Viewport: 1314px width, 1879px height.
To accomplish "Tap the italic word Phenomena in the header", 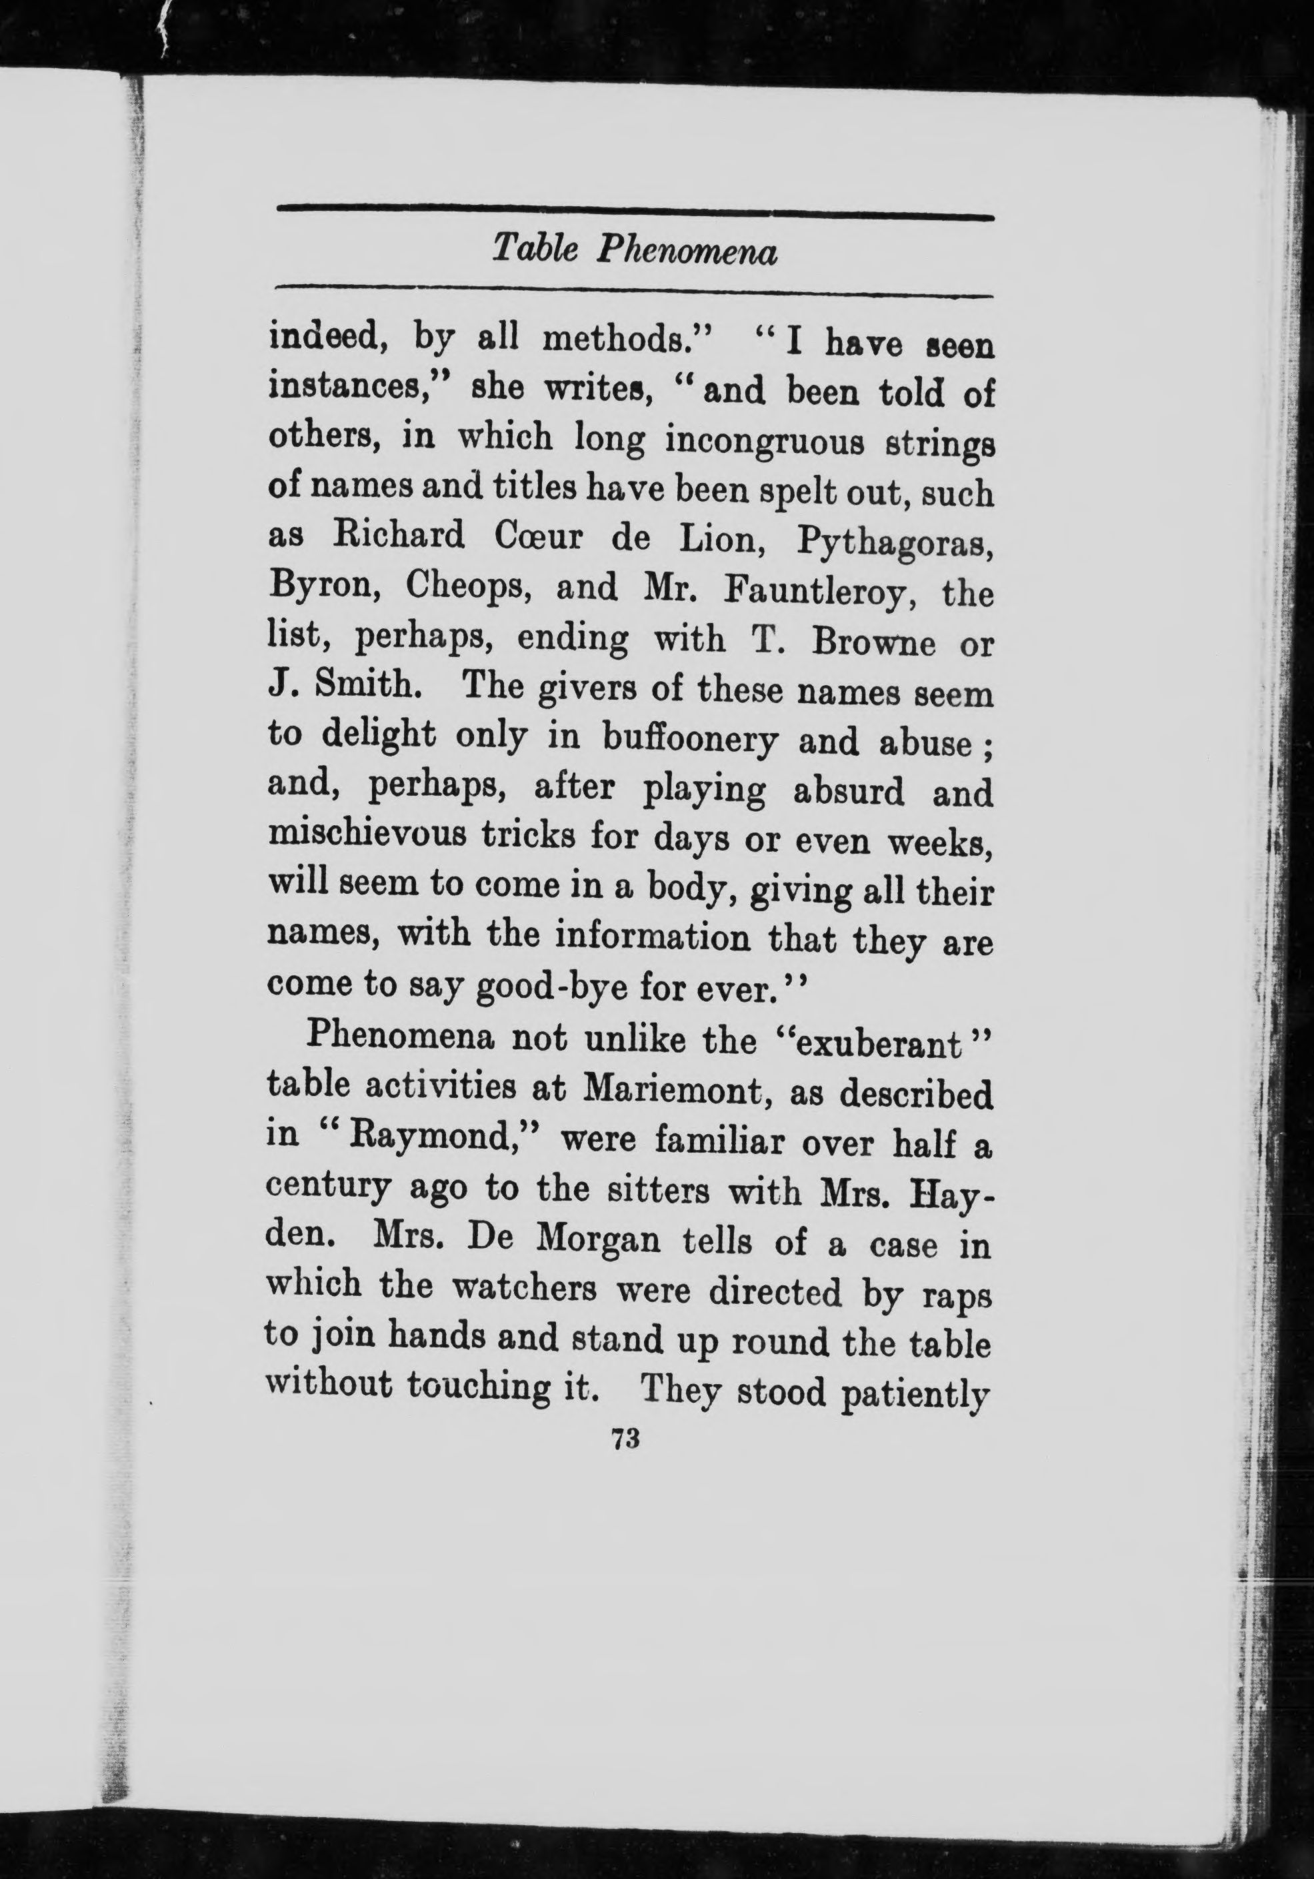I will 685,251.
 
